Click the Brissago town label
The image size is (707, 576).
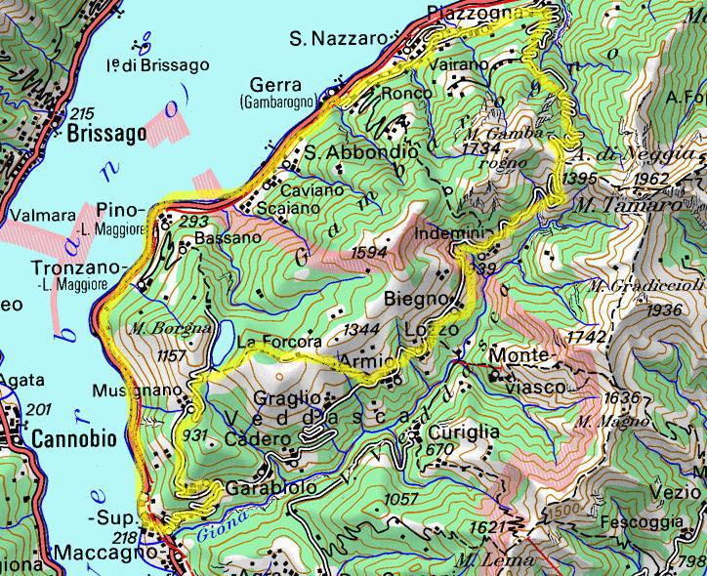(107, 134)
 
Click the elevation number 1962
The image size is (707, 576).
(651, 180)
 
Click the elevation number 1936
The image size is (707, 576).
(663, 309)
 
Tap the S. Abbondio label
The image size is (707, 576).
(360, 153)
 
